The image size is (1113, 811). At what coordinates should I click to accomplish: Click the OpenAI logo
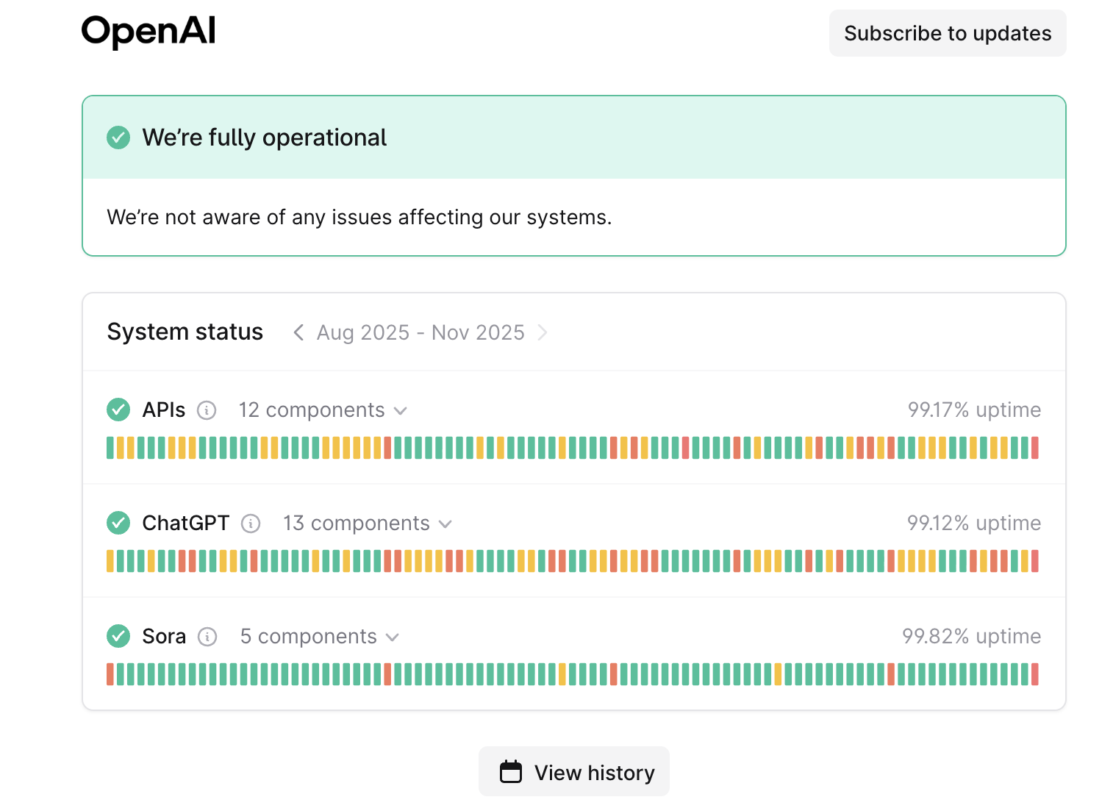point(148,32)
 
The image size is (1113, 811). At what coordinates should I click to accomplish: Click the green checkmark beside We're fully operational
point(118,137)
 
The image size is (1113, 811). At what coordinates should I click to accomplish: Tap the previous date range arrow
point(298,333)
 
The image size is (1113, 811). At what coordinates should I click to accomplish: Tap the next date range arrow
point(543,333)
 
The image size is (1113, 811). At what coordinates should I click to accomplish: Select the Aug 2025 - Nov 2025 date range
point(420,333)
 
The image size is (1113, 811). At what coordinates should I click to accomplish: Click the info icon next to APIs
point(207,410)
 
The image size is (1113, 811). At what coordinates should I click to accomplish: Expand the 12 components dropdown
point(323,410)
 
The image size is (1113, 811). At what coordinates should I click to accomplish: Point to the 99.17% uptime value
point(974,410)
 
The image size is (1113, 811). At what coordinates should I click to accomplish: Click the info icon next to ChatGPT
point(251,524)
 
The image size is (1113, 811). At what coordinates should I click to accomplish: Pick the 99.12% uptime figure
point(974,524)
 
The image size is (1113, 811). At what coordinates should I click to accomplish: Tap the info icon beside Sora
point(208,637)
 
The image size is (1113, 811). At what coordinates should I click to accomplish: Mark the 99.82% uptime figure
point(971,637)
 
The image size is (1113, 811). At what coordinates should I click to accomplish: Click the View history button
point(574,772)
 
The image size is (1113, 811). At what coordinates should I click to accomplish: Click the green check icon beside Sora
point(118,636)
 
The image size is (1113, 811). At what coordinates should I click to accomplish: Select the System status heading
point(185,332)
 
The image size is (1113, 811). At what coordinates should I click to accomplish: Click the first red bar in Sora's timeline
point(110,674)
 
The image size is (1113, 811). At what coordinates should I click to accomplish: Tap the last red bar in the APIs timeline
point(1035,448)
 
